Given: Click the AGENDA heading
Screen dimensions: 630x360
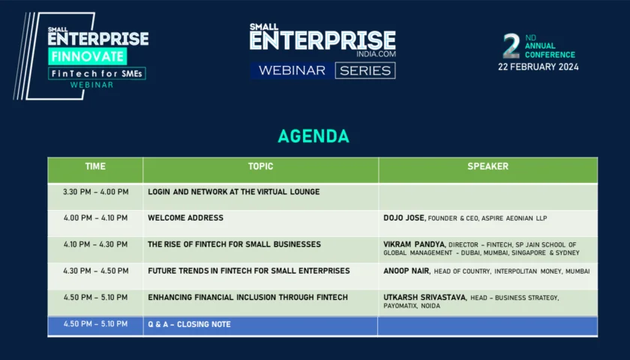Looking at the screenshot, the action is point(313,136).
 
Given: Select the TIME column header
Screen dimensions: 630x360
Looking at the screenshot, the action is point(95,166).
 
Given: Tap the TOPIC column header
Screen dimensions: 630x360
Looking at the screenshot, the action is point(260,166).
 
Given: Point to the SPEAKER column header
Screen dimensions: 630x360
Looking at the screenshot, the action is point(487,166).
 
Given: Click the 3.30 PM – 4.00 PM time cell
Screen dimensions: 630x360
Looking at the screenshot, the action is point(96,192).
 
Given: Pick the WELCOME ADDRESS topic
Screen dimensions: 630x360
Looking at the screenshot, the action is point(186,217).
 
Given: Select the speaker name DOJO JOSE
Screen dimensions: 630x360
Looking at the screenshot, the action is point(403,217).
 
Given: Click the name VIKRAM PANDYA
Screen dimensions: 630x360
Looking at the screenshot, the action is point(414,244).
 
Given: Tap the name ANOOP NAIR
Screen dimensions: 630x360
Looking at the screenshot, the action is point(406,271).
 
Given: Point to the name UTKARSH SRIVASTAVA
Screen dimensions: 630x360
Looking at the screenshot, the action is point(424,297).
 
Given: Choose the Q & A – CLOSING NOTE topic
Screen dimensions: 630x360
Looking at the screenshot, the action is point(189,324).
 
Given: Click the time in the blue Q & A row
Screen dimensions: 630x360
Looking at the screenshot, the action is point(96,324).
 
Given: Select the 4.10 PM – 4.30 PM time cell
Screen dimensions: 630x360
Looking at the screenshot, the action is point(96,244).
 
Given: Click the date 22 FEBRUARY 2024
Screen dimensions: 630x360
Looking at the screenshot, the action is point(538,67).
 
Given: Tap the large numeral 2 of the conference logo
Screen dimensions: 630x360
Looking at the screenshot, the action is point(511,46).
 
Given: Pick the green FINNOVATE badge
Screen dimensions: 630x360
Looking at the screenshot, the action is point(88,56).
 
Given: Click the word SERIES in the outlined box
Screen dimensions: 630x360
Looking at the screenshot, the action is point(365,70).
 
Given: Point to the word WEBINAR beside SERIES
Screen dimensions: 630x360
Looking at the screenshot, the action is point(292,70).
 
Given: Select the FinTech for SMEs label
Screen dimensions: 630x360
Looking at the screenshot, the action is point(97,73).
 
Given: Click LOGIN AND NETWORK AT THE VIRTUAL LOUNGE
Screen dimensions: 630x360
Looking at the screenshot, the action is point(234,192).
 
